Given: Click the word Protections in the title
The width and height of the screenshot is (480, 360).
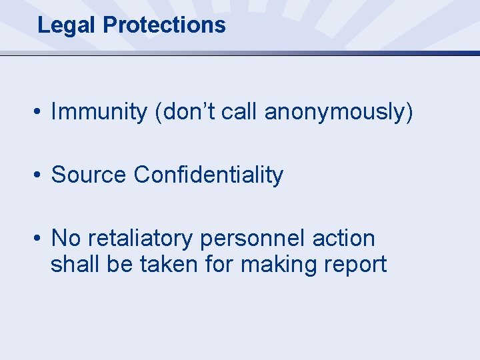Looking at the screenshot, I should click(x=165, y=25).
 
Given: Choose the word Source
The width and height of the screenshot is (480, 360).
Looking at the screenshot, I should click(x=89, y=175).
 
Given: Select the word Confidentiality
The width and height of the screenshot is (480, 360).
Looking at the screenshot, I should click(x=209, y=175).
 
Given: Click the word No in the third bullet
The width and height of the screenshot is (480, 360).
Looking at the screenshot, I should click(x=65, y=238).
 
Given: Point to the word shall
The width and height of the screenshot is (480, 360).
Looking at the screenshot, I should click(x=72, y=265).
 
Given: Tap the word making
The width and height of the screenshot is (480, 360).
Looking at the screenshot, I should click(x=279, y=265).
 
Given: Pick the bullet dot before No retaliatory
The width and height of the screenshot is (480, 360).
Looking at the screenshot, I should click(x=40, y=239).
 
